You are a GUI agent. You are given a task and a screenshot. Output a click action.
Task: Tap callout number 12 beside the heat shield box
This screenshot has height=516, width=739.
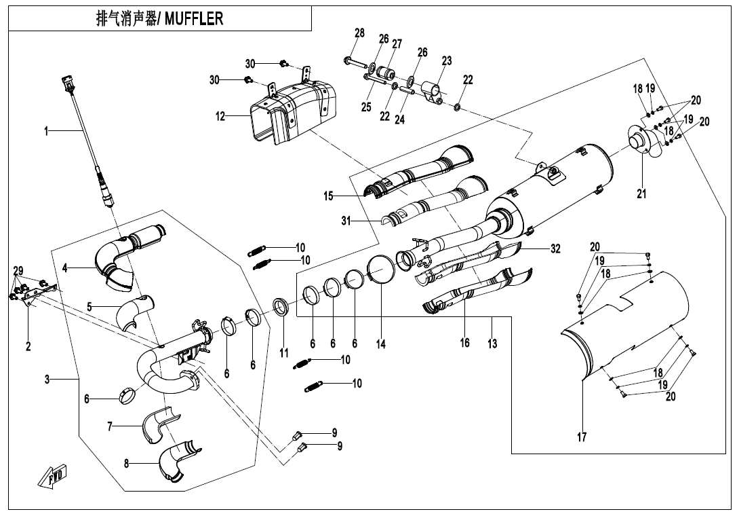(x=220, y=116)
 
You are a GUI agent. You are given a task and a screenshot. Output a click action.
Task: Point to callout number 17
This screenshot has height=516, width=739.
(x=582, y=438)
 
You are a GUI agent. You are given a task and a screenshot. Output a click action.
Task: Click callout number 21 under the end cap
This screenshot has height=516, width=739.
(x=641, y=193)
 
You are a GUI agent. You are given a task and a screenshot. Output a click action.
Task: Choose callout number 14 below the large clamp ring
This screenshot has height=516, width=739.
(x=381, y=344)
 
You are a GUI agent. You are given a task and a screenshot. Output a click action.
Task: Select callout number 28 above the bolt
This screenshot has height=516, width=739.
(x=359, y=33)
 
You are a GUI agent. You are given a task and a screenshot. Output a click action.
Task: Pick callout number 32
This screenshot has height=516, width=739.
(x=555, y=248)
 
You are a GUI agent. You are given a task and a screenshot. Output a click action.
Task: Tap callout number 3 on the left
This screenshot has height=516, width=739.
(x=47, y=380)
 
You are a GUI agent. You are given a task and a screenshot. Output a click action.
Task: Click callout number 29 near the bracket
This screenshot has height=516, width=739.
(x=18, y=270)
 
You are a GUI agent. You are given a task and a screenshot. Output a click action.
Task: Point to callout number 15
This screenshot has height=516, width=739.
(x=329, y=196)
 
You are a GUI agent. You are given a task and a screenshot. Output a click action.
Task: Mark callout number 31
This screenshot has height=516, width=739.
(x=346, y=220)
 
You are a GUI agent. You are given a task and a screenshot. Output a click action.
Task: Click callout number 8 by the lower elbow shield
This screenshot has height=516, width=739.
(x=127, y=464)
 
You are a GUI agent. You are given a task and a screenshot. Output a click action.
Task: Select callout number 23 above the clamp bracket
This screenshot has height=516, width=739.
(x=446, y=60)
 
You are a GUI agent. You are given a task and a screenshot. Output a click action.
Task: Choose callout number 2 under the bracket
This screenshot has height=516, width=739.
(x=28, y=346)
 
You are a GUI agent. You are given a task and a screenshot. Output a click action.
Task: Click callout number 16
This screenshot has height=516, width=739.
(x=464, y=343)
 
